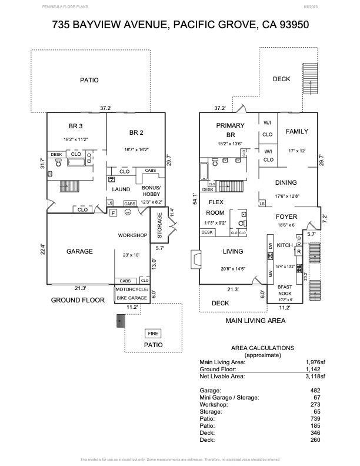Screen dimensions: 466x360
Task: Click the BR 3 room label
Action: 75,127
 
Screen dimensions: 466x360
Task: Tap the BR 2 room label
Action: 136,132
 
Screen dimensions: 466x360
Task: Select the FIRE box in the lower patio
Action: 152,334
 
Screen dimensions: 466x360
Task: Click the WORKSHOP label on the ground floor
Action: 132,235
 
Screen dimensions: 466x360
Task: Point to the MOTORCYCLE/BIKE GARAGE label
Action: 132,293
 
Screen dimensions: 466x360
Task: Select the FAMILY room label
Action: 297,132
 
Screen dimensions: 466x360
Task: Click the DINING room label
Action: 286,182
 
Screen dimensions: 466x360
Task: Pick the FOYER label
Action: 287,217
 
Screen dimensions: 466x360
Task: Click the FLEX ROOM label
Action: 215,207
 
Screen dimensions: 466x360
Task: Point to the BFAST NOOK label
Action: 285,290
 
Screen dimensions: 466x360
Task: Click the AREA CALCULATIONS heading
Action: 262,348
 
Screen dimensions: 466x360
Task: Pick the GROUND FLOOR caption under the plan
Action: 78,300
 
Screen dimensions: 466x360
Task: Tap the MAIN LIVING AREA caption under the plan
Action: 256,321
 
